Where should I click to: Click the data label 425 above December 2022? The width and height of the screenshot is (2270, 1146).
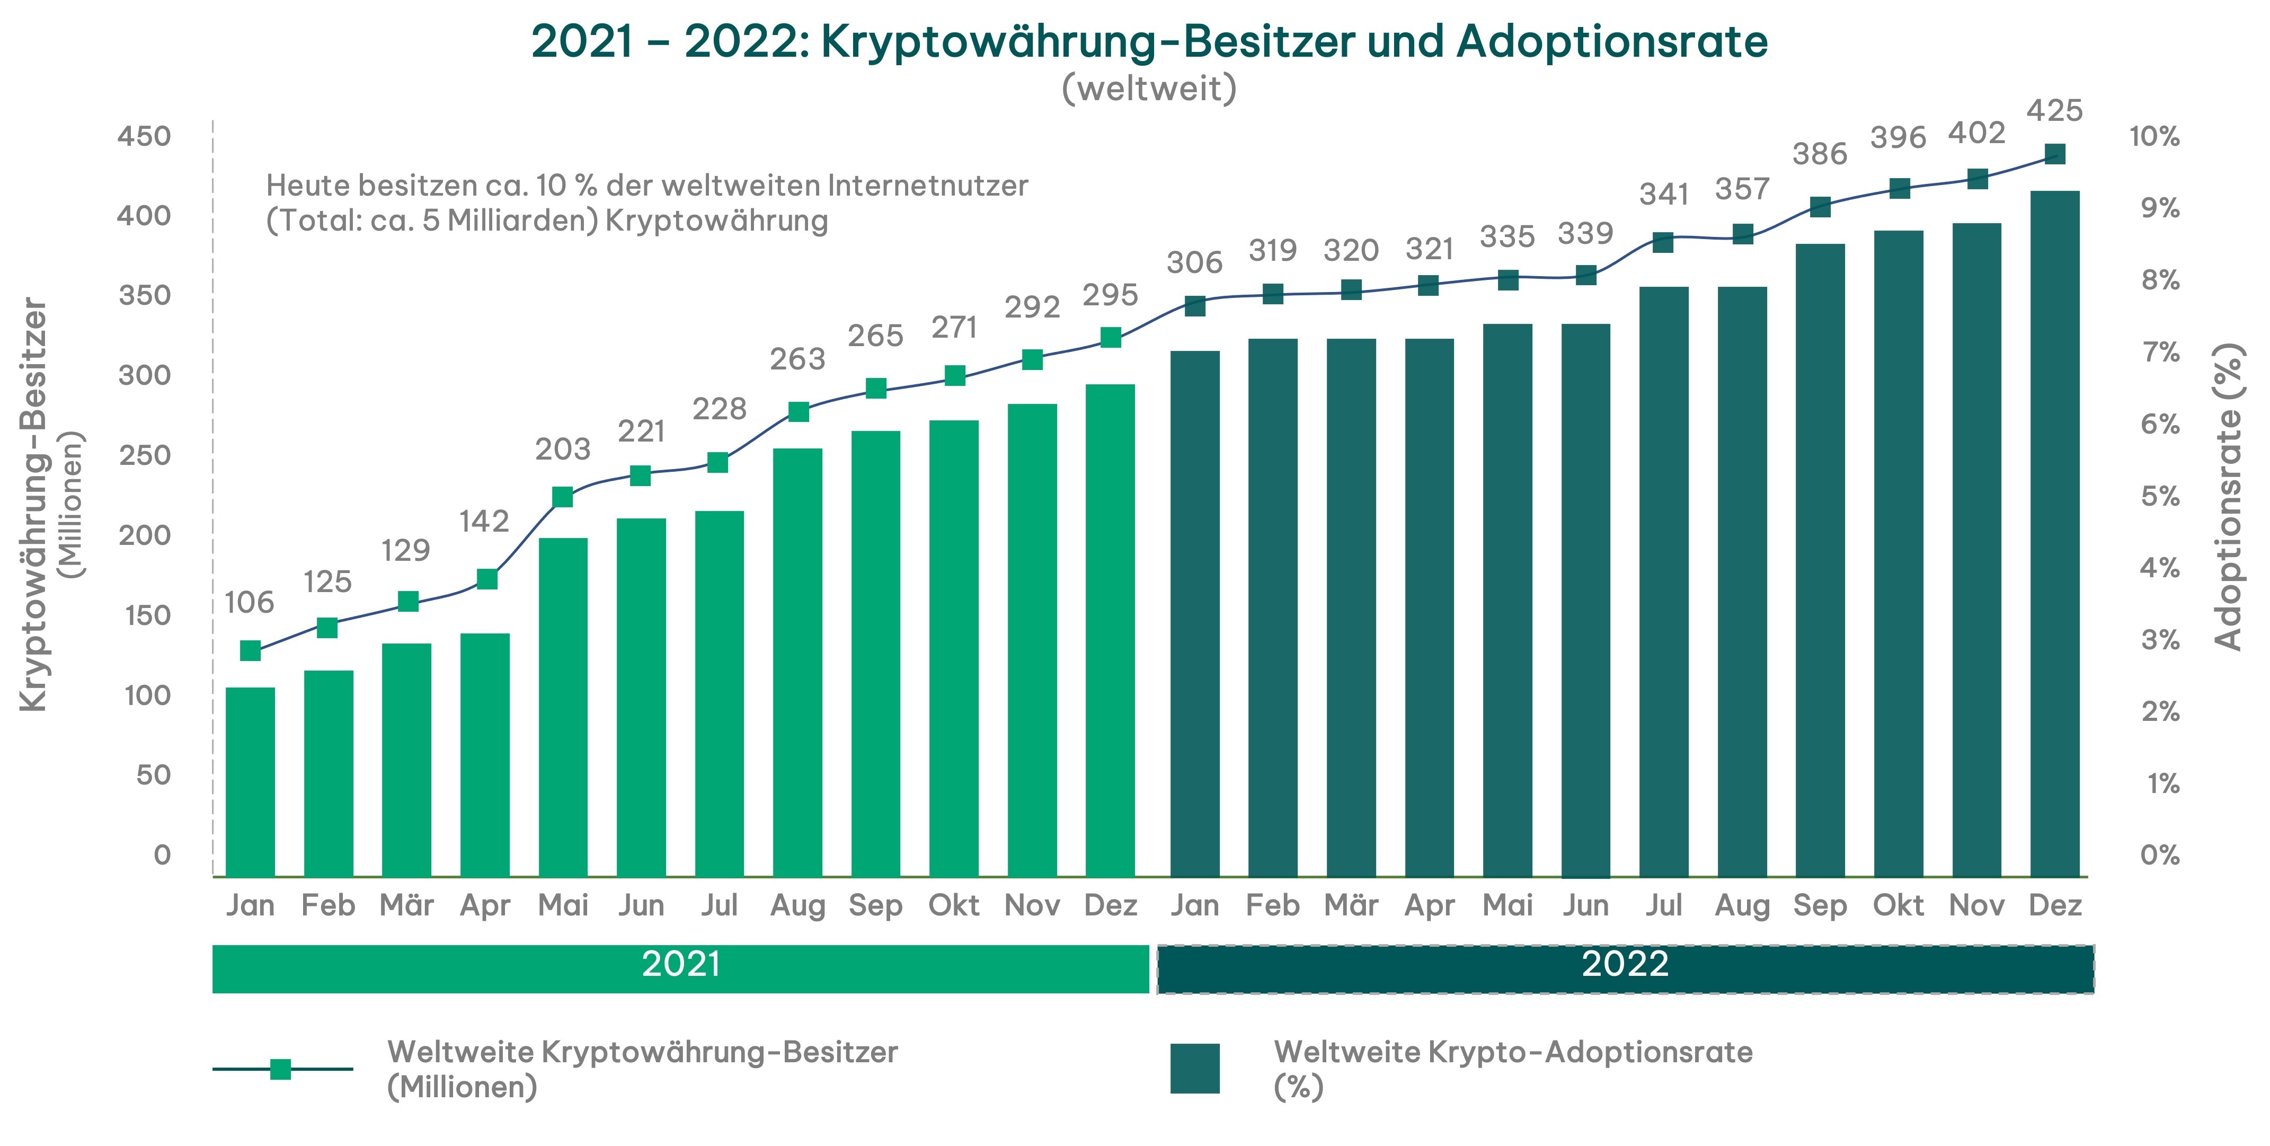pos(2054,111)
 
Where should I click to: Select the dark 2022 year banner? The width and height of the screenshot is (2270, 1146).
pos(1625,968)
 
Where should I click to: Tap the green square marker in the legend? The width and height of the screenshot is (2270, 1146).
pos(280,1069)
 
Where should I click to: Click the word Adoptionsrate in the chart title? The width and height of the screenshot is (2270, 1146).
pos(1612,41)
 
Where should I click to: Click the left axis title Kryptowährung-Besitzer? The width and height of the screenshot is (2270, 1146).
pos(33,504)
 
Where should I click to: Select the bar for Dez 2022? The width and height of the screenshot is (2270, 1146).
pos(2054,533)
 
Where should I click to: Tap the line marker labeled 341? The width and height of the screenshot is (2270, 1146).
pos(1663,242)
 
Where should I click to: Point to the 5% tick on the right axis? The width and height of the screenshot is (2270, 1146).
pos(2160,496)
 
